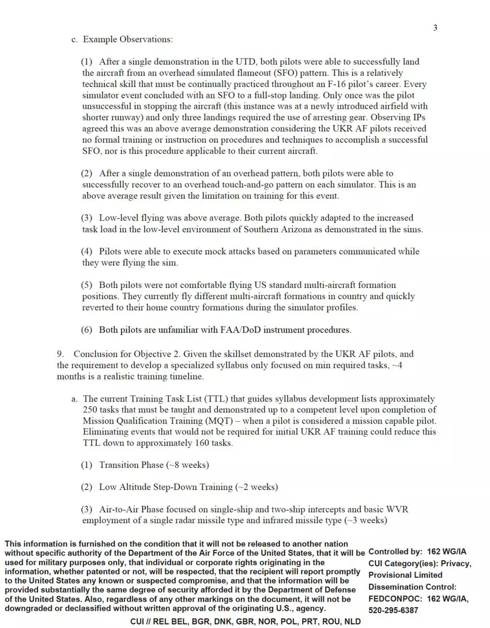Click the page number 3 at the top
point(435,28)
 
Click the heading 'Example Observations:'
point(127,39)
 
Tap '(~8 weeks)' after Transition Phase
point(187,465)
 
